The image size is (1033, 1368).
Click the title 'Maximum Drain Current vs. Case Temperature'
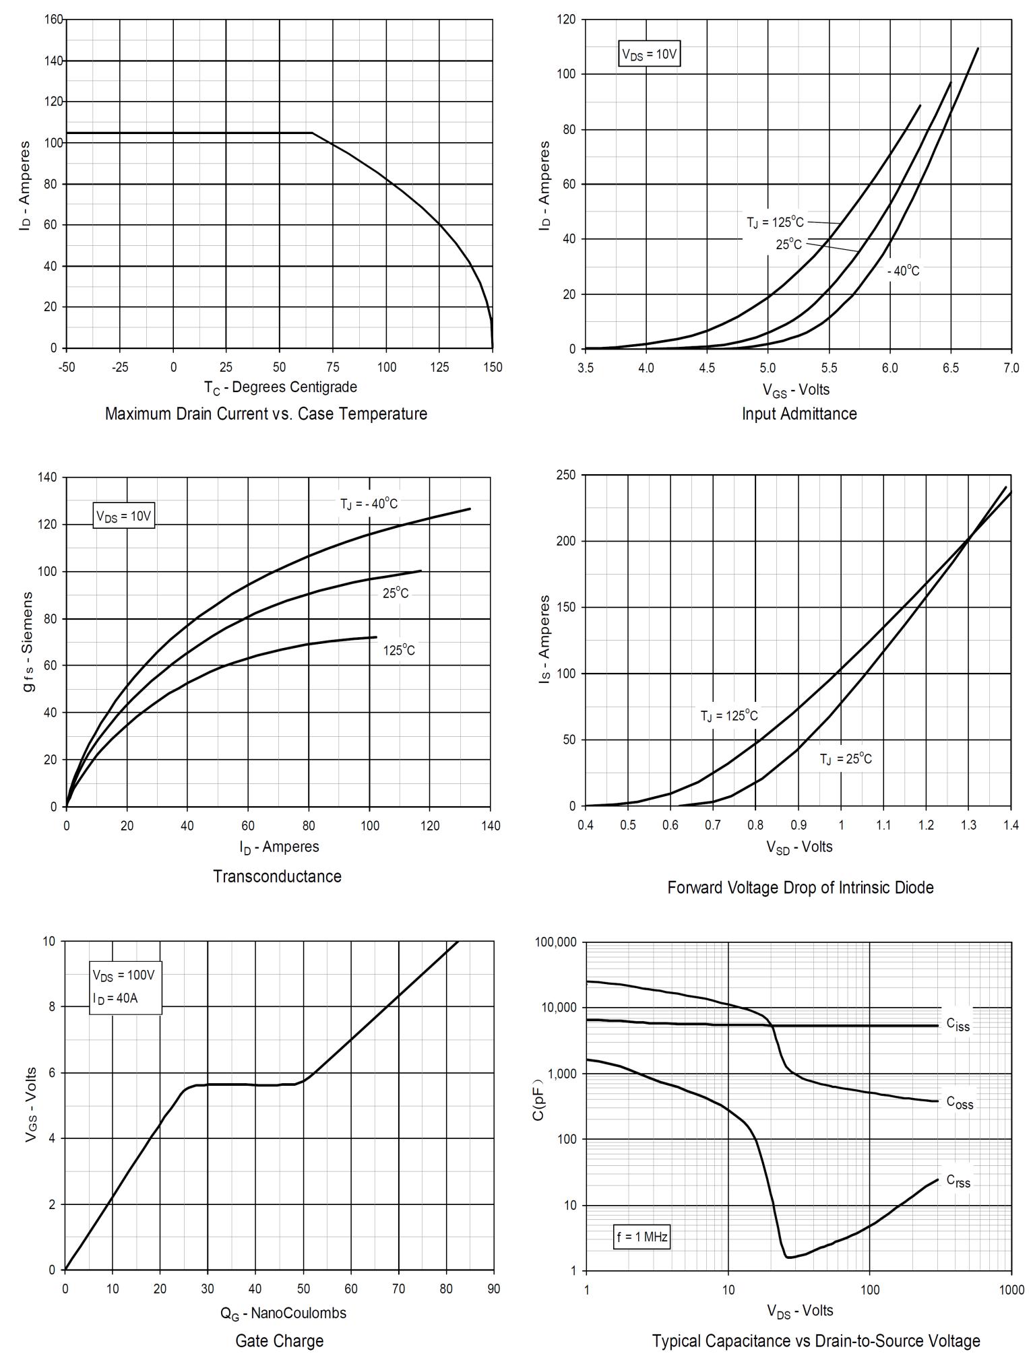[265, 414]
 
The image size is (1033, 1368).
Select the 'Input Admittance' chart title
[799, 414]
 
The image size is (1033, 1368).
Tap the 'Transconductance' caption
[277, 876]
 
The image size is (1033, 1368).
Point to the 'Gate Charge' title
[279, 1340]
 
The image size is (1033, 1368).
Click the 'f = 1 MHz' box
[641, 1237]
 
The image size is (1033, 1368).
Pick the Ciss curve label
[958, 1024]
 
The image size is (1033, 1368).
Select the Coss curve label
[960, 1103]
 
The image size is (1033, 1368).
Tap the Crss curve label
[958, 1181]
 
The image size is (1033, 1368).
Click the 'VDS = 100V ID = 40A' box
[125, 987]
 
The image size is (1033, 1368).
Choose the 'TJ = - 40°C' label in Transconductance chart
[369, 504]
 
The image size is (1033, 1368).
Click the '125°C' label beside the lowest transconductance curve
[399, 650]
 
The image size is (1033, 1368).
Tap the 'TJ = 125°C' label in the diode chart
[728, 716]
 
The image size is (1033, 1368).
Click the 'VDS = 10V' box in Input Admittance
[648, 55]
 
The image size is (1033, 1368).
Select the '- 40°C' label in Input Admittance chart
[903, 271]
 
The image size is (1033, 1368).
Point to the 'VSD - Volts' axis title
[799, 847]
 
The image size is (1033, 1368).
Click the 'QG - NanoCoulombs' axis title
[283, 1313]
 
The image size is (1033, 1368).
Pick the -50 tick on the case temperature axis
[67, 367]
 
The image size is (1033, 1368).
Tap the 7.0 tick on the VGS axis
[1011, 368]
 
